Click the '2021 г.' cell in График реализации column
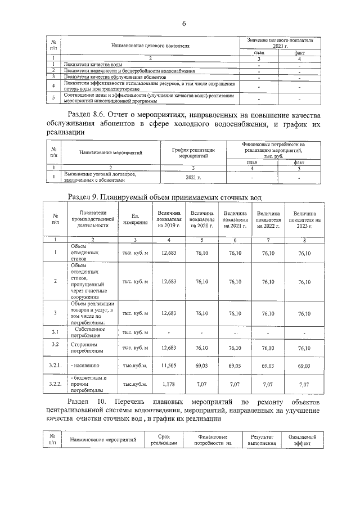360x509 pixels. (x=193, y=177)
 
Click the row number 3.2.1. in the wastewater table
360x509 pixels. (x=55, y=366)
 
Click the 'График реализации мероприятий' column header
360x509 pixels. (x=193, y=152)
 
